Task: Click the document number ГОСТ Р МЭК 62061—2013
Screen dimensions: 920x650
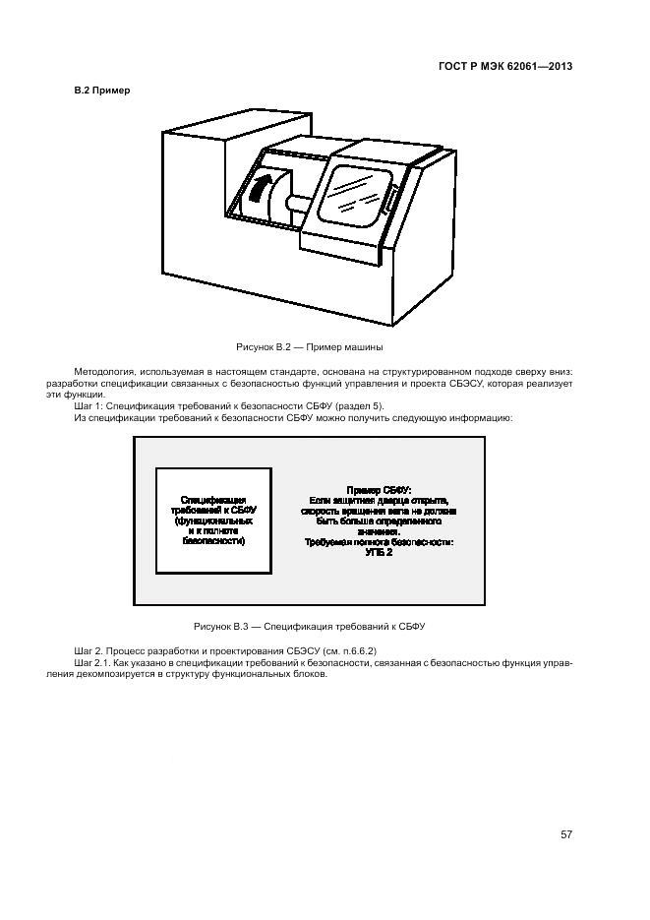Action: point(504,67)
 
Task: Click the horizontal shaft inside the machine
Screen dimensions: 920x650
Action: point(298,206)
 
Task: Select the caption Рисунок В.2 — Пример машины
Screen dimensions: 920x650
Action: point(310,347)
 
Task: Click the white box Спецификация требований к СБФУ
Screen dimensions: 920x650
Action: point(214,521)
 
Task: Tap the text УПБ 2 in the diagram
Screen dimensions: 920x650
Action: point(379,553)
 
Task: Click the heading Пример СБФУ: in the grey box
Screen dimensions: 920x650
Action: point(380,490)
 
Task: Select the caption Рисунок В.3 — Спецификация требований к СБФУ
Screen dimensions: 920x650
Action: point(309,626)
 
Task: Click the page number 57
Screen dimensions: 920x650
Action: point(566,834)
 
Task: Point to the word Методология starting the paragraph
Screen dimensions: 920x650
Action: point(100,372)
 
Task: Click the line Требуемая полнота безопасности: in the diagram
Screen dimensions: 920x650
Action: point(379,542)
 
